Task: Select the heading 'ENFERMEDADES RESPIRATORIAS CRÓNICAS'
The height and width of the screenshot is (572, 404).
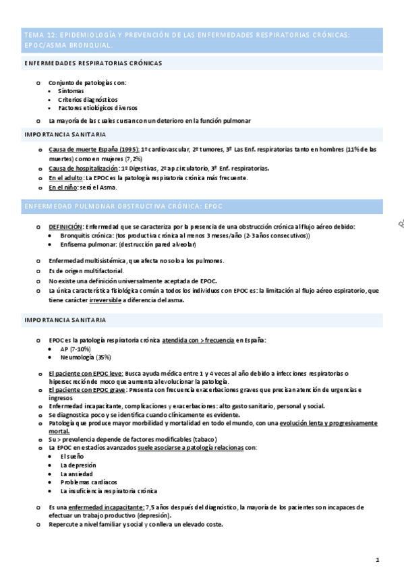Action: pyautogui.click(x=92, y=63)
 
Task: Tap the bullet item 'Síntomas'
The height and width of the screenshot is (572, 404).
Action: pyautogui.click(x=71, y=90)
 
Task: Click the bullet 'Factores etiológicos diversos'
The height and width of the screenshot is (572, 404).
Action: pyautogui.click(x=97, y=108)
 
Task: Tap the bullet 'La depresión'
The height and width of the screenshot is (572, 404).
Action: pyautogui.click(x=78, y=465)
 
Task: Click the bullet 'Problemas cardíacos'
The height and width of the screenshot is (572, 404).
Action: pyautogui.click(x=88, y=482)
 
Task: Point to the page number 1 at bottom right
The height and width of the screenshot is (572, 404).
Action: pyautogui.click(x=378, y=559)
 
